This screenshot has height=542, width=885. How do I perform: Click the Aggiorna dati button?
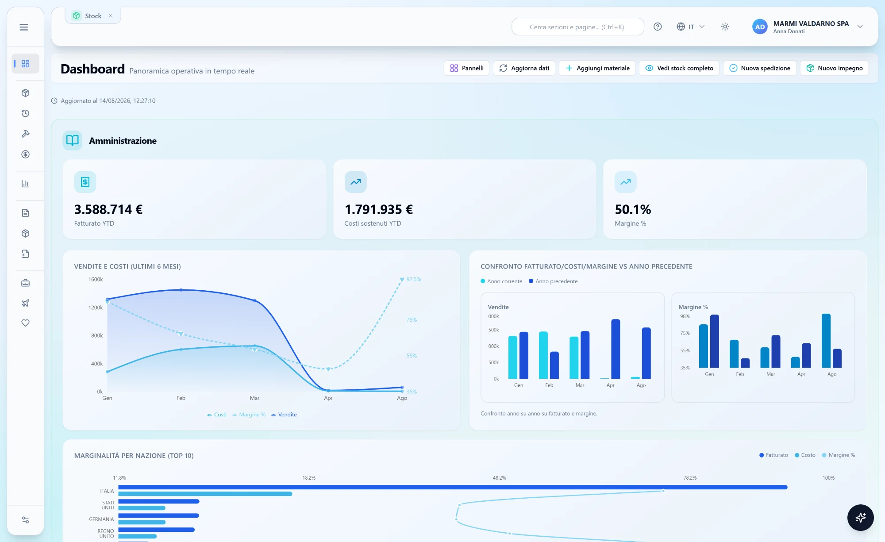pyautogui.click(x=524, y=68)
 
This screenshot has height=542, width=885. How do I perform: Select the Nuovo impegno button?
pyautogui.click(x=834, y=68)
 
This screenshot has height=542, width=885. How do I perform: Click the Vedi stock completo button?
pyautogui.click(x=679, y=68)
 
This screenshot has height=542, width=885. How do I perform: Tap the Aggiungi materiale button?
pyautogui.click(x=597, y=68)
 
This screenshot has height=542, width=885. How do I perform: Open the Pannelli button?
pyautogui.click(x=466, y=68)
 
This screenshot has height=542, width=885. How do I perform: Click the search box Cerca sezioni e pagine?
pyautogui.click(x=577, y=27)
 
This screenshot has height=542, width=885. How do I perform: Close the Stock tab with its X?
pyautogui.click(x=111, y=15)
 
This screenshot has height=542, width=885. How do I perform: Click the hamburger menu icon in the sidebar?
pyautogui.click(x=24, y=27)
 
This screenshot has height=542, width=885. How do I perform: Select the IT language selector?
pyautogui.click(x=690, y=27)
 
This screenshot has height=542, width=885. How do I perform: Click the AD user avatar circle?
pyautogui.click(x=760, y=27)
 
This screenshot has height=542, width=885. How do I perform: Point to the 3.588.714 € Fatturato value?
pyautogui.click(x=108, y=209)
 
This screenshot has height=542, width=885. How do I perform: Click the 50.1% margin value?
pyautogui.click(x=633, y=209)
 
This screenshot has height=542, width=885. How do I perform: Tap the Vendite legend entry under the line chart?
pyautogui.click(x=284, y=415)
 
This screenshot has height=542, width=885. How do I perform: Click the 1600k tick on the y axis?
pyautogui.click(x=96, y=280)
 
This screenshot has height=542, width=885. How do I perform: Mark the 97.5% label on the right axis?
pyautogui.click(x=414, y=280)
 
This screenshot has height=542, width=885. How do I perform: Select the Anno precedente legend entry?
pyautogui.click(x=553, y=281)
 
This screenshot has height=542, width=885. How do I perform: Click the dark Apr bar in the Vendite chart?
pyautogui.click(x=616, y=349)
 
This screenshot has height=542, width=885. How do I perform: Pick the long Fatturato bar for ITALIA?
pyautogui.click(x=453, y=487)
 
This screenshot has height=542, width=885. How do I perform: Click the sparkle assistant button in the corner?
pyautogui.click(x=860, y=517)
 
